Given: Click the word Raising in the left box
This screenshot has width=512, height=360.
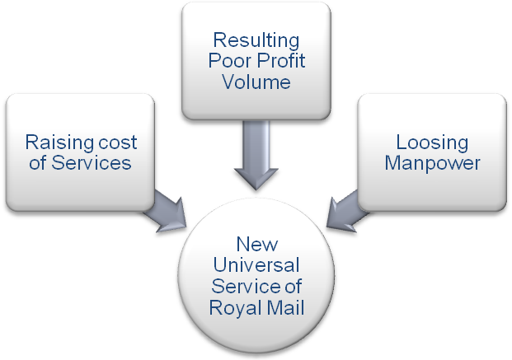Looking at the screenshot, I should (56, 141).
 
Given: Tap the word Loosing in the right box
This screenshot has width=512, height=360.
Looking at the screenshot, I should (432, 141).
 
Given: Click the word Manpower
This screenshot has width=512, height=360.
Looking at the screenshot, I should (432, 163).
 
